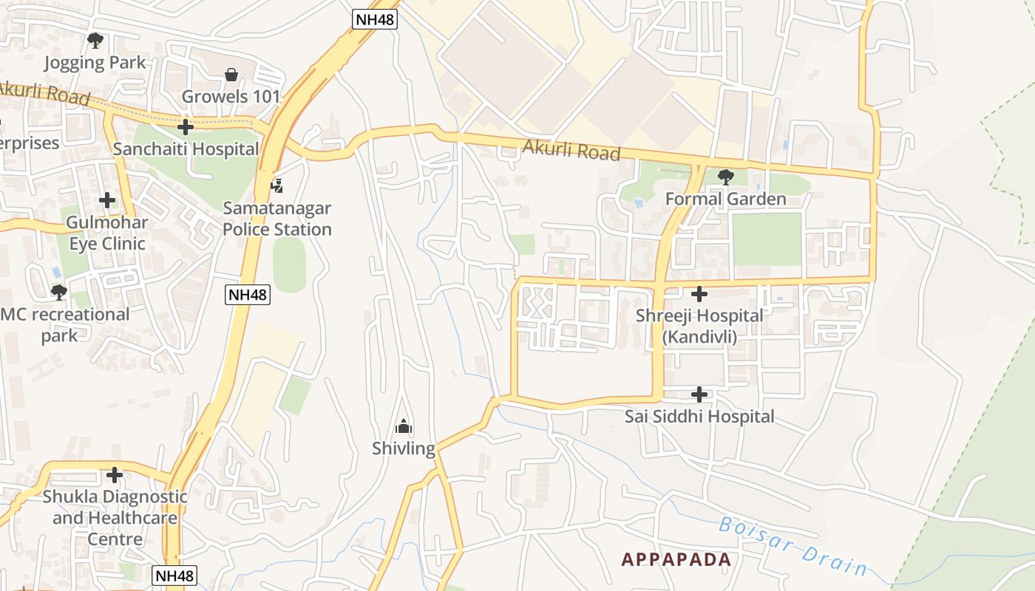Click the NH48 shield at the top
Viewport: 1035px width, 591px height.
pyautogui.click(x=375, y=19)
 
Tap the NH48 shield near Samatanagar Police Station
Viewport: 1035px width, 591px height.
pyautogui.click(x=248, y=295)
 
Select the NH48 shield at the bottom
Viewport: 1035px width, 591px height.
pyautogui.click(x=175, y=575)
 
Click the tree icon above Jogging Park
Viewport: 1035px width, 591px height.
pyautogui.click(x=95, y=41)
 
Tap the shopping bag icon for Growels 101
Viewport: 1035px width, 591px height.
pyautogui.click(x=231, y=75)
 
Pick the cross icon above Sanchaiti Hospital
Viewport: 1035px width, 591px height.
pyautogui.click(x=186, y=127)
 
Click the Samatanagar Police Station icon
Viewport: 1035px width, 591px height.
pyautogui.click(x=277, y=185)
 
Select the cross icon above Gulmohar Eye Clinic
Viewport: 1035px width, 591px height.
pyautogui.click(x=107, y=200)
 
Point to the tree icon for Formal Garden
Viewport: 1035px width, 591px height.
pyautogui.click(x=726, y=177)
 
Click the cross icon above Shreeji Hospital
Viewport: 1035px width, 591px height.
pyautogui.click(x=699, y=294)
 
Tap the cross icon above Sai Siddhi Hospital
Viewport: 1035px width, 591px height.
pyautogui.click(x=699, y=394)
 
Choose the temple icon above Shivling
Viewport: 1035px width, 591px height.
pyautogui.click(x=404, y=426)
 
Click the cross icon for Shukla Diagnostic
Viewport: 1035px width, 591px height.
pyautogui.click(x=115, y=474)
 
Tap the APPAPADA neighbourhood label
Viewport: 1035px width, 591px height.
pyautogui.click(x=676, y=559)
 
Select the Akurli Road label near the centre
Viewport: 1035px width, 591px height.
pyautogui.click(x=571, y=150)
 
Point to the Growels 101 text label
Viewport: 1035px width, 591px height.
pyautogui.click(x=231, y=97)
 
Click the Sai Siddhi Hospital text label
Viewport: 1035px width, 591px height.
pyautogui.click(x=699, y=417)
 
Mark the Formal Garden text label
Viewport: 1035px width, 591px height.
pyautogui.click(x=725, y=199)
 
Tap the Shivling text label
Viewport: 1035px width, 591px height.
pyautogui.click(x=404, y=448)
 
